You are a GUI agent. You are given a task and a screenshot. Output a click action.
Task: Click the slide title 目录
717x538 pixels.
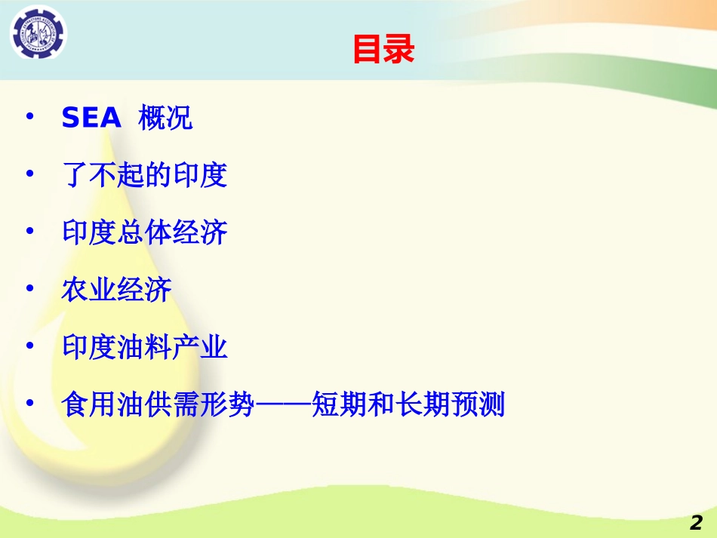click(383, 50)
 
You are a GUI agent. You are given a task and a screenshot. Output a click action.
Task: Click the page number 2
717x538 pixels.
click(696, 523)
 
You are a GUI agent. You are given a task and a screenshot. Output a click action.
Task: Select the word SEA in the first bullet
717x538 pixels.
click(91, 118)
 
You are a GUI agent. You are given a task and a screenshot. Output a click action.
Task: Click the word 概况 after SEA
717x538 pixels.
click(165, 118)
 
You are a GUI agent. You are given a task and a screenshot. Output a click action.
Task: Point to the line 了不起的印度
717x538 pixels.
click(144, 176)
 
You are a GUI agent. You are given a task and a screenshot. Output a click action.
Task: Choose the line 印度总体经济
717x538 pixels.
click(144, 233)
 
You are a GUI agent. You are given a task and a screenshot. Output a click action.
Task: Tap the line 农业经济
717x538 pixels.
click(116, 291)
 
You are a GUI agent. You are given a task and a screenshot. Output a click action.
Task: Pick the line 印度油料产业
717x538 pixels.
click(144, 348)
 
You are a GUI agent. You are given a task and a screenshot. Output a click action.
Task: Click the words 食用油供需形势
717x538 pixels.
click(158, 405)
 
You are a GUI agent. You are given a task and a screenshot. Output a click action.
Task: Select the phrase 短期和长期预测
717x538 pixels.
click(408, 405)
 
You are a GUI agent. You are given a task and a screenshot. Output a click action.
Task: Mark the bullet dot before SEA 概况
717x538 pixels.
click(30, 118)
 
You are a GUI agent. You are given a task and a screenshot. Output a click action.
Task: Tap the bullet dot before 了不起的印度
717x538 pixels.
click(30, 174)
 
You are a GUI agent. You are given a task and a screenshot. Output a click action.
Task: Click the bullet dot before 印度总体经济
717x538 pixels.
click(30, 232)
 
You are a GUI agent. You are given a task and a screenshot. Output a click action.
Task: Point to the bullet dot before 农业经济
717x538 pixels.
click(30, 289)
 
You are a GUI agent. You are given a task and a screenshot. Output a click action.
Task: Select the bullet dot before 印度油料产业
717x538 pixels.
click(30, 346)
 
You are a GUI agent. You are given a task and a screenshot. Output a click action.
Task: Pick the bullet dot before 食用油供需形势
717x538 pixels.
click(30, 404)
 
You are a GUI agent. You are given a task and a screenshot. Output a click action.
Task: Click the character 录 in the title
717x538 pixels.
click(399, 50)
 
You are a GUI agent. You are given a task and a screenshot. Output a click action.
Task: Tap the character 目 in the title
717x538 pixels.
click(368, 50)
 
